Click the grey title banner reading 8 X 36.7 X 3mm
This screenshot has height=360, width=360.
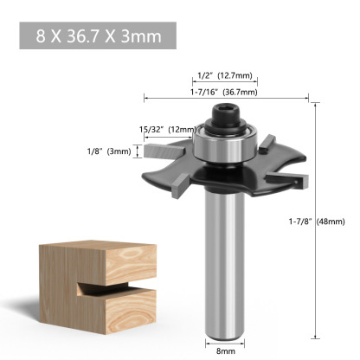[x=97, y=36]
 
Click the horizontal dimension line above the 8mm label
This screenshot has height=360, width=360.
[x=224, y=341]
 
